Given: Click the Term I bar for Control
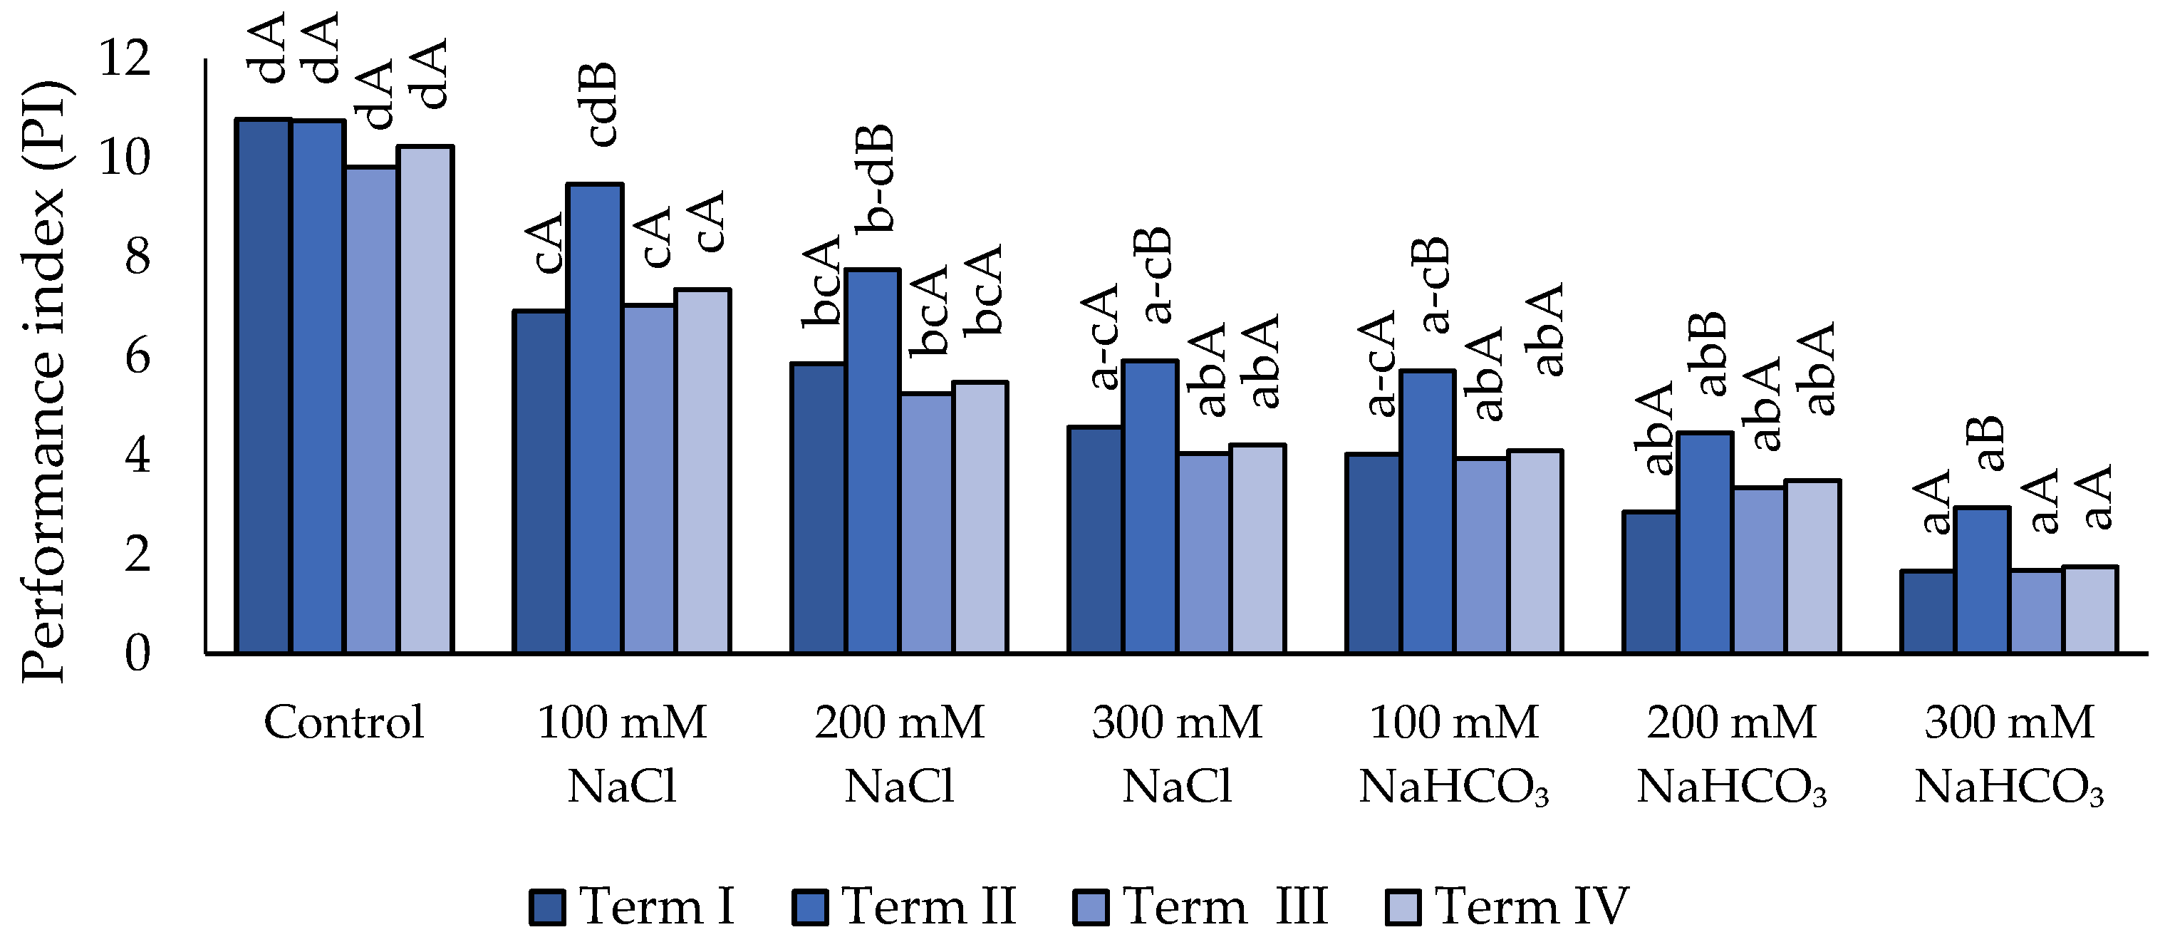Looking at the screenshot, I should click(x=263, y=386).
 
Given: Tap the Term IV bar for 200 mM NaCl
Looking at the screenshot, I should click(x=980, y=517).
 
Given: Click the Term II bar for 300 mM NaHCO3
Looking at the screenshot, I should click(x=1982, y=580).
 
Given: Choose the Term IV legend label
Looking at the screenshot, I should click(x=1531, y=906).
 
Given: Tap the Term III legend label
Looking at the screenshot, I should click(x=1225, y=906).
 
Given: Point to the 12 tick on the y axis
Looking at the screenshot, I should click(x=125, y=59).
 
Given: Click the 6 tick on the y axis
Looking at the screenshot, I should click(x=137, y=356).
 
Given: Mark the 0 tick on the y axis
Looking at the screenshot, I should click(x=137, y=653).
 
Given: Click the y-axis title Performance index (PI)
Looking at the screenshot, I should click(x=43, y=383).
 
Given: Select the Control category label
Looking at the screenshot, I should click(x=344, y=723).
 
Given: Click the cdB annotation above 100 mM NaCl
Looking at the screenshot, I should click(x=602, y=104).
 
